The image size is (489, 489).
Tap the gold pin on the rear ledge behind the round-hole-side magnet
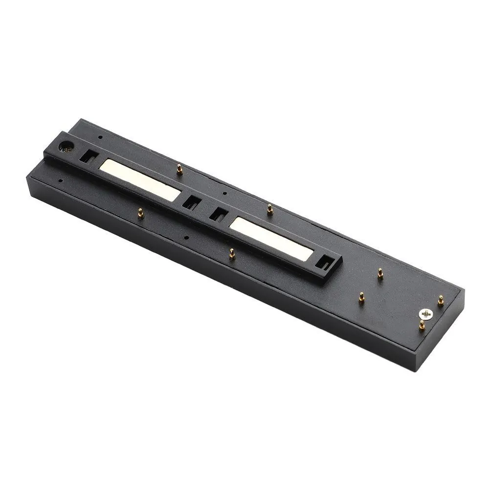click(x=179, y=169)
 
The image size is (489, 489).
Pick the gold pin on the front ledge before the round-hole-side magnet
click(x=140, y=213)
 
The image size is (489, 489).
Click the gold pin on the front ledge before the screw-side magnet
click(x=232, y=253)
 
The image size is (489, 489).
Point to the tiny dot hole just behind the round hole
click(x=100, y=137)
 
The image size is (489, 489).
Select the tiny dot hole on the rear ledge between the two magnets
click(x=224, y=193)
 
